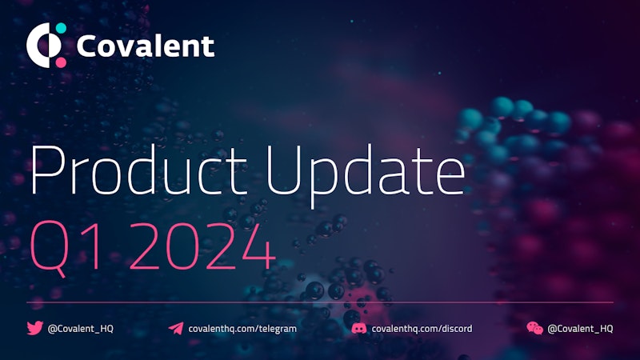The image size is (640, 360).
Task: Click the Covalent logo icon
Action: coord(46,45)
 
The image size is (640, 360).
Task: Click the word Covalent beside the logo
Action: coord(146,46)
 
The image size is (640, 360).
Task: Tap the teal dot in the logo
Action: coord(61,29)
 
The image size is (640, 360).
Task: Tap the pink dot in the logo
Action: coord(61,62)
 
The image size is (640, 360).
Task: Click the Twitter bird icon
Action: coord(34,328)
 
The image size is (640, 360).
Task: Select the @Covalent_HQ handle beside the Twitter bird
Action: coord(81,329)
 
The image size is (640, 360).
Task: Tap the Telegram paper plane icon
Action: coord(176,328)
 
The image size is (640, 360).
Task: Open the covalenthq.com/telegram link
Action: coord(242,329)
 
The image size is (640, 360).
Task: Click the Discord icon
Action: coord(358,328)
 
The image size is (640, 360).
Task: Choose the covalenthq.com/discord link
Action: coord(422,329)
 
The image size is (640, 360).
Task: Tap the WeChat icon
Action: coord(534,328)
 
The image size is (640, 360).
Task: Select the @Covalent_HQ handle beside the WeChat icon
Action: coord(580,329)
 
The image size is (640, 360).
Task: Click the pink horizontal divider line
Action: coord(320,302)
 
